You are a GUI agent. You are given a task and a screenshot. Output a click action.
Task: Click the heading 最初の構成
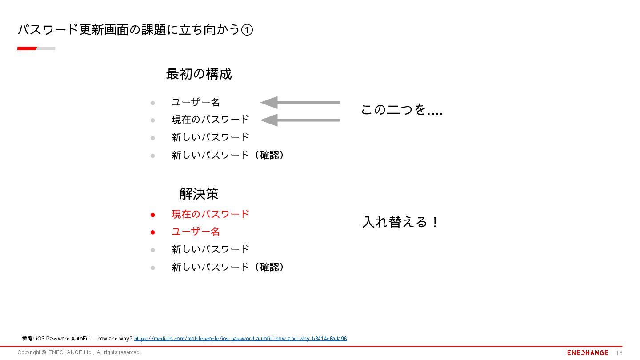pos(199,74)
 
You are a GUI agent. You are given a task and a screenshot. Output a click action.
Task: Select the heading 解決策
pos(199,194)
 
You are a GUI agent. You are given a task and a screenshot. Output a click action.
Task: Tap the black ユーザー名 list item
pos(196,102)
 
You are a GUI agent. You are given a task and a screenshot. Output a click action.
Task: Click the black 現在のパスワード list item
pos(210,120)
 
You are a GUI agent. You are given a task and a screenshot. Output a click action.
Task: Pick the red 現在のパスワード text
pos(210,214)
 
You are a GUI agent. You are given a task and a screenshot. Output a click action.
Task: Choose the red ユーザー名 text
pos(196,232)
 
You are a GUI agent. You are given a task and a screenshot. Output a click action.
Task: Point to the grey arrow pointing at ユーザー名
pos(300,103)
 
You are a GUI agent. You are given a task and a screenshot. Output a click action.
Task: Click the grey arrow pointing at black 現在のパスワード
pos(300,120)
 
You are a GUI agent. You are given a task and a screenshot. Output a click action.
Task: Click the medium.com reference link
pos(240,339)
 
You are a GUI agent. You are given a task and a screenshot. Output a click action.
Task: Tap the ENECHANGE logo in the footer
pos(588,352)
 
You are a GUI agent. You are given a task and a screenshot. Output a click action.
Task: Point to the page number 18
pos(619,353)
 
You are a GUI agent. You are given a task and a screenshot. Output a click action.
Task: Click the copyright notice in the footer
pos(79,352)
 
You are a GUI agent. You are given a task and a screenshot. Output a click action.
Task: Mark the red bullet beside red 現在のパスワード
pos(152,215)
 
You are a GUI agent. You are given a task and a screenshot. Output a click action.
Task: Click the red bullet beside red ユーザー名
pos(152,232)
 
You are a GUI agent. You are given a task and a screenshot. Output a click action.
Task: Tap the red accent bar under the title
pos(27,48)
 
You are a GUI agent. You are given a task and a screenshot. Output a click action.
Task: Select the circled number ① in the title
pos(247,30)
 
